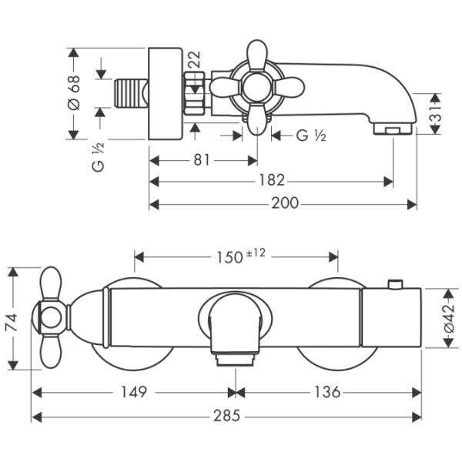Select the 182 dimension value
point(271,181)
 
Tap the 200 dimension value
point(283,203)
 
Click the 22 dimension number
point(194,59)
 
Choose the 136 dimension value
point(327,392)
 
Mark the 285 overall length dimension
point(226,416)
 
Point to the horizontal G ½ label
point(311,136)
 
